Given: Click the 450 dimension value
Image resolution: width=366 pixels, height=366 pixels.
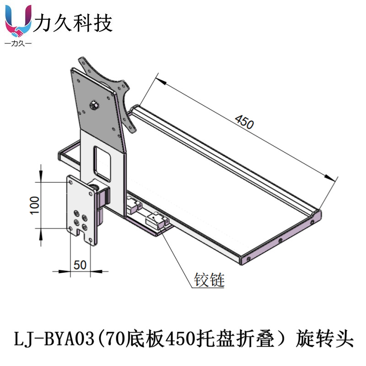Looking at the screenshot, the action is click(243, 122).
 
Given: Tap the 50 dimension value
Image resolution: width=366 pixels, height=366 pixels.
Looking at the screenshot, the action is click(80, 264).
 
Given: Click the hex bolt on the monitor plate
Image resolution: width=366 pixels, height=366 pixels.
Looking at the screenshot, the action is click(94, 105).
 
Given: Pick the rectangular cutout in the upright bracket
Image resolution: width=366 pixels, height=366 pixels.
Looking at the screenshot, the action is click(102, 163).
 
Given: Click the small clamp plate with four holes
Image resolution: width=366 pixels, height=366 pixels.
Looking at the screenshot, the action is click(82, 208).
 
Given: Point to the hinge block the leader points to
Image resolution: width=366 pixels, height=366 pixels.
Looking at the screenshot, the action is click(157, 221).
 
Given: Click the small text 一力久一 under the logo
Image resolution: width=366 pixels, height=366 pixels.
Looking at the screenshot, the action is click(17, 44).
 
